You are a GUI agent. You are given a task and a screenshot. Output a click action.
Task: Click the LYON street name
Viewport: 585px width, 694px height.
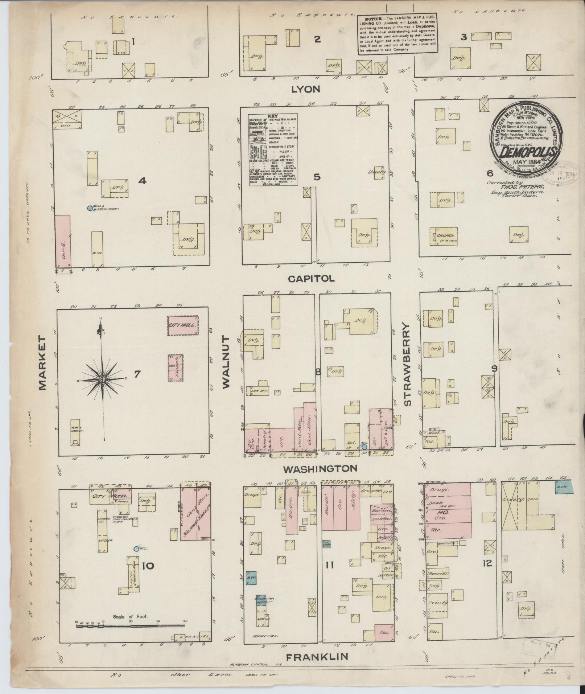coord(306,89)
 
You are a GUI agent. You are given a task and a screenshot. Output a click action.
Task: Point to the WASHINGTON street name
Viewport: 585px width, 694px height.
coord(320,468)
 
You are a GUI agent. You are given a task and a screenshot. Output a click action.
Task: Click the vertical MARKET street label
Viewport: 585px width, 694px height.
coord(43,363)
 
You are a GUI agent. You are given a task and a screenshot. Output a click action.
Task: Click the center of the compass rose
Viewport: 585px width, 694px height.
coord(102,379)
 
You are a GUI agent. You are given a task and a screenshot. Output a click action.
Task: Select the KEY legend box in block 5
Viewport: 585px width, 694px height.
coord(273,150)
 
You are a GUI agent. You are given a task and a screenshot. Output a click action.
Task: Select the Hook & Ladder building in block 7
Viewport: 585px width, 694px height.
coord(75,432)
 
